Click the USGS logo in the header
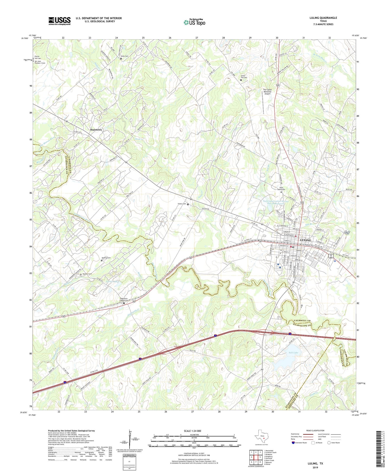[x=60, y=21]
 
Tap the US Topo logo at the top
[x=194, y=22]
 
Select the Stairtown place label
[x=96, y=130]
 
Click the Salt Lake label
[x=293, y=352]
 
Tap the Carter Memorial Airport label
[x=267, y=92]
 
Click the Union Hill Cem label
[x=244, y=76]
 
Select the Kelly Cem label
[x=124, y=56]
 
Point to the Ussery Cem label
[x=182, y=204]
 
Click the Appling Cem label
[x=106, y=258]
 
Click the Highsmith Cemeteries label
[x=124, y=300]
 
